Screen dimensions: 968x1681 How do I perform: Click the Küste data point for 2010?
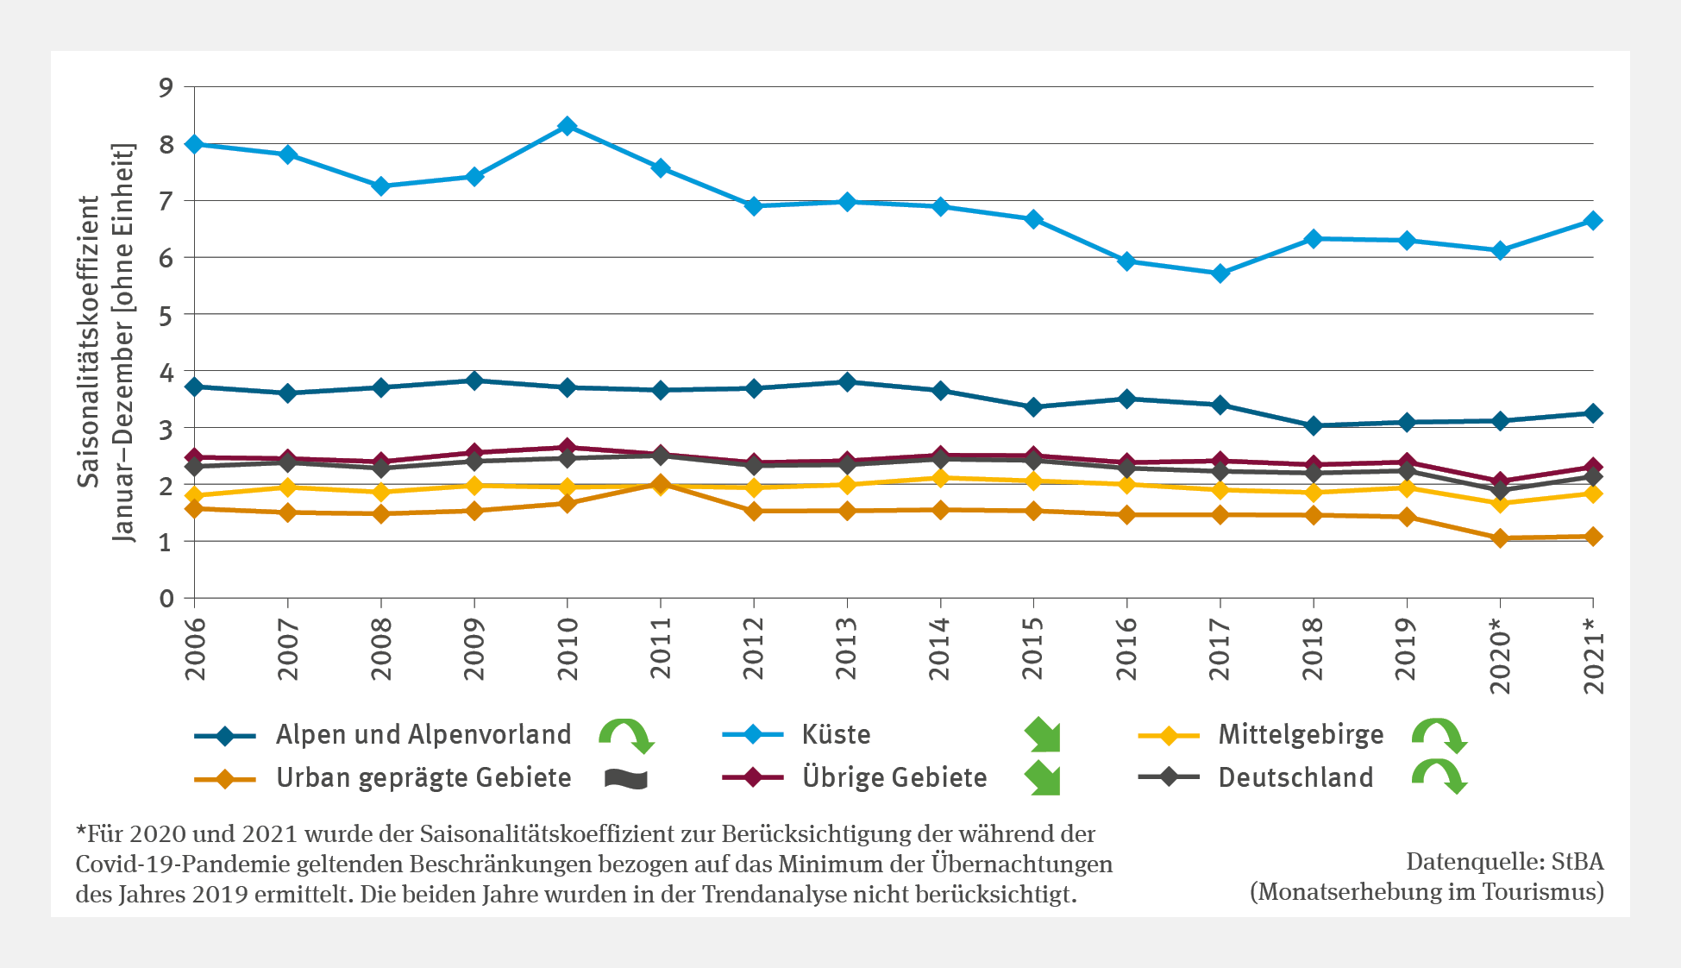click(x=567, y=127)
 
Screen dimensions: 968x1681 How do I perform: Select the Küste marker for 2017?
click(x=1220, y=273)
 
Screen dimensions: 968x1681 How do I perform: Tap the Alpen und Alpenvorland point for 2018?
click(x=1313, y=425)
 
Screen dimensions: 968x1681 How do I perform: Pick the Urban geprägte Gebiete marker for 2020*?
click(x=1500, y=538)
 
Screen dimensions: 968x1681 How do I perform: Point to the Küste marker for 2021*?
click(x=1593, y=221)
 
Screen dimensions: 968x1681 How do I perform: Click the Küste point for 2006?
click(x=195, y=144)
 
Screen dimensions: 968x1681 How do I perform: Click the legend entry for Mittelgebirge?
click(x=1300, y=735)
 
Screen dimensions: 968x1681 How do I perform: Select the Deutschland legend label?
click(x=1295, y=778)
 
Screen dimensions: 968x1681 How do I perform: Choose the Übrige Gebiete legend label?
click(x=894, y=778)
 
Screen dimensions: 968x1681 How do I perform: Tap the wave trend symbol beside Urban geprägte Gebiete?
click(x=626, y=779)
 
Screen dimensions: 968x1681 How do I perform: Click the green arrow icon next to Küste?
click(x=1043, y=735)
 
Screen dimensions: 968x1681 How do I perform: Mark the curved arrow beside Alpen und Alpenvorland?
click(x=627, y=735)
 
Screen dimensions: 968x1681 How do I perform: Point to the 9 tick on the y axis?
click(x=166, y=87)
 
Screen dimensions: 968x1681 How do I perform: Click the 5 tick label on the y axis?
click(x=166, y=316)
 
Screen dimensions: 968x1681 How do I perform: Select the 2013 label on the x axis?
click(x=847, y=649)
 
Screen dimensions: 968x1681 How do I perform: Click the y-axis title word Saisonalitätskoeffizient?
click(x=90, y=342)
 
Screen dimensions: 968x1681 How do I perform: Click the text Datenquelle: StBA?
click(x=1504, y=862)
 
